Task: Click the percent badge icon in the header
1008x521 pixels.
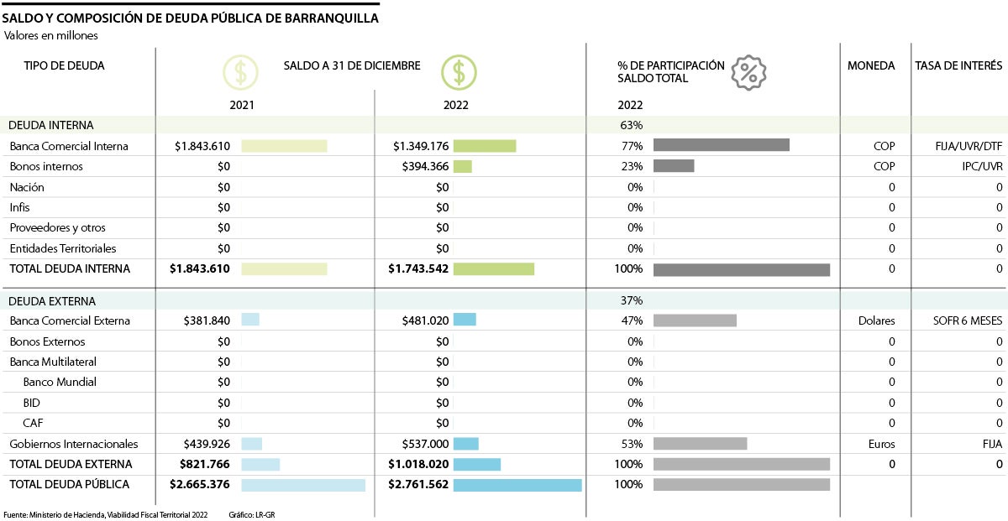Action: click(748, 73)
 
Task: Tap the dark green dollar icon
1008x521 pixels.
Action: click(459, 73)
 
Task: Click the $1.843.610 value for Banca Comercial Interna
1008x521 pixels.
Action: click(202, 146)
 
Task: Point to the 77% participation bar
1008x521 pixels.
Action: click(721, 145)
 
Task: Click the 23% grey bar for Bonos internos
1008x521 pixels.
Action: click(674, 166)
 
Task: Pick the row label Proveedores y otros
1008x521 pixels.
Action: click(57, 228)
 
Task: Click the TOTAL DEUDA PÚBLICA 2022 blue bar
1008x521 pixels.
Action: click(517, 485)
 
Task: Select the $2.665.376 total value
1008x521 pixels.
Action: click(200, 485)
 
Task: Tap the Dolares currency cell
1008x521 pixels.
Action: click(876, 321)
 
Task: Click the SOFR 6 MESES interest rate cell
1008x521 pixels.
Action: click(967, 321)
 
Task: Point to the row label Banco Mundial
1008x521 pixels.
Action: click(60, 383)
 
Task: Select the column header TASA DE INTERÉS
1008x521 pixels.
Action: click(958, 65)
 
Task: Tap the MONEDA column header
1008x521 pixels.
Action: click(871, 65)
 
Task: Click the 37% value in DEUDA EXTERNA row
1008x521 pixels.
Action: click(631, 300)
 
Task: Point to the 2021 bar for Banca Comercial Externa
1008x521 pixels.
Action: click(250, 320)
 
